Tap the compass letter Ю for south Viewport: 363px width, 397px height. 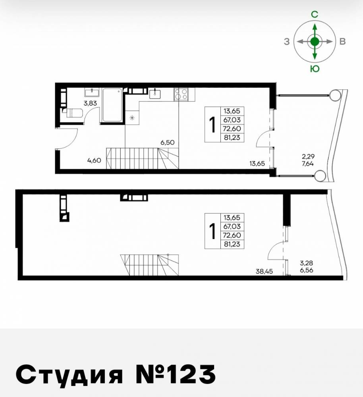(315, 69)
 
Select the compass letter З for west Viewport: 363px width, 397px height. (287, 42)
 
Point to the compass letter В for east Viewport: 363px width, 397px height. (342, 42)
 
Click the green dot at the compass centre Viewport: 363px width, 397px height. (315, 41)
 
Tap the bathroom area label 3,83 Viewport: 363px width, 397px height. (90, 104)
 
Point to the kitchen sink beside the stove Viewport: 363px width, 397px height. (155, 94)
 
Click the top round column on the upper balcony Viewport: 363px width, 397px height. (334, 95)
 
